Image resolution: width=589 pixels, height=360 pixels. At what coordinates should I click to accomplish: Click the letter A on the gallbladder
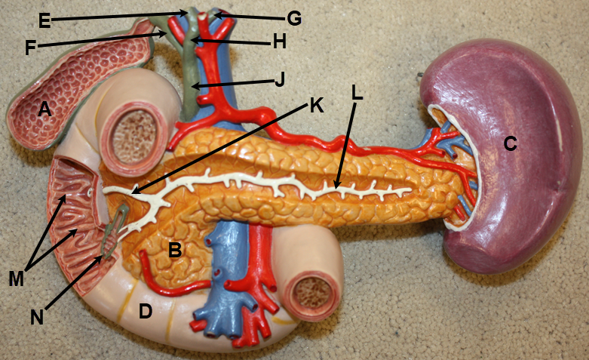click(44, 109)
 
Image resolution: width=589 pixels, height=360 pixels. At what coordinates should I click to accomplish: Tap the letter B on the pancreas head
click(175, 249)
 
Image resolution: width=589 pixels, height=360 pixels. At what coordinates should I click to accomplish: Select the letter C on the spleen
click(510, 143)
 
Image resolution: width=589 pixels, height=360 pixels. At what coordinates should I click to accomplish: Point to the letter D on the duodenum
click(146, 311)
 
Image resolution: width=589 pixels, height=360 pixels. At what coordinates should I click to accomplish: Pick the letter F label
click(31, 48)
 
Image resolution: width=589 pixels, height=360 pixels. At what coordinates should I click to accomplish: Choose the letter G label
click(294, 18)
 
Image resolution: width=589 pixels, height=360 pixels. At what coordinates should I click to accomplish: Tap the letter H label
click(279, 42)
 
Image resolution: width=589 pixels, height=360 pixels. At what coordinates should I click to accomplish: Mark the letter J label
click(280, 79)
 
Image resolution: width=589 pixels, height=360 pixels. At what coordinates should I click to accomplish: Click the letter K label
click(317, 106)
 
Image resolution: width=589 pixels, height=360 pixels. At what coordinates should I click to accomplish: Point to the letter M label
click(17, 278)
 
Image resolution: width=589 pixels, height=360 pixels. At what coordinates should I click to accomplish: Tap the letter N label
click(37, 317)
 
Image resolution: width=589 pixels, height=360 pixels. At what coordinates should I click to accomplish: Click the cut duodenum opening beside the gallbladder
click(134, 137)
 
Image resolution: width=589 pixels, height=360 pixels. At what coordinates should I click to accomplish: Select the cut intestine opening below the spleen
click(311, 294)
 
